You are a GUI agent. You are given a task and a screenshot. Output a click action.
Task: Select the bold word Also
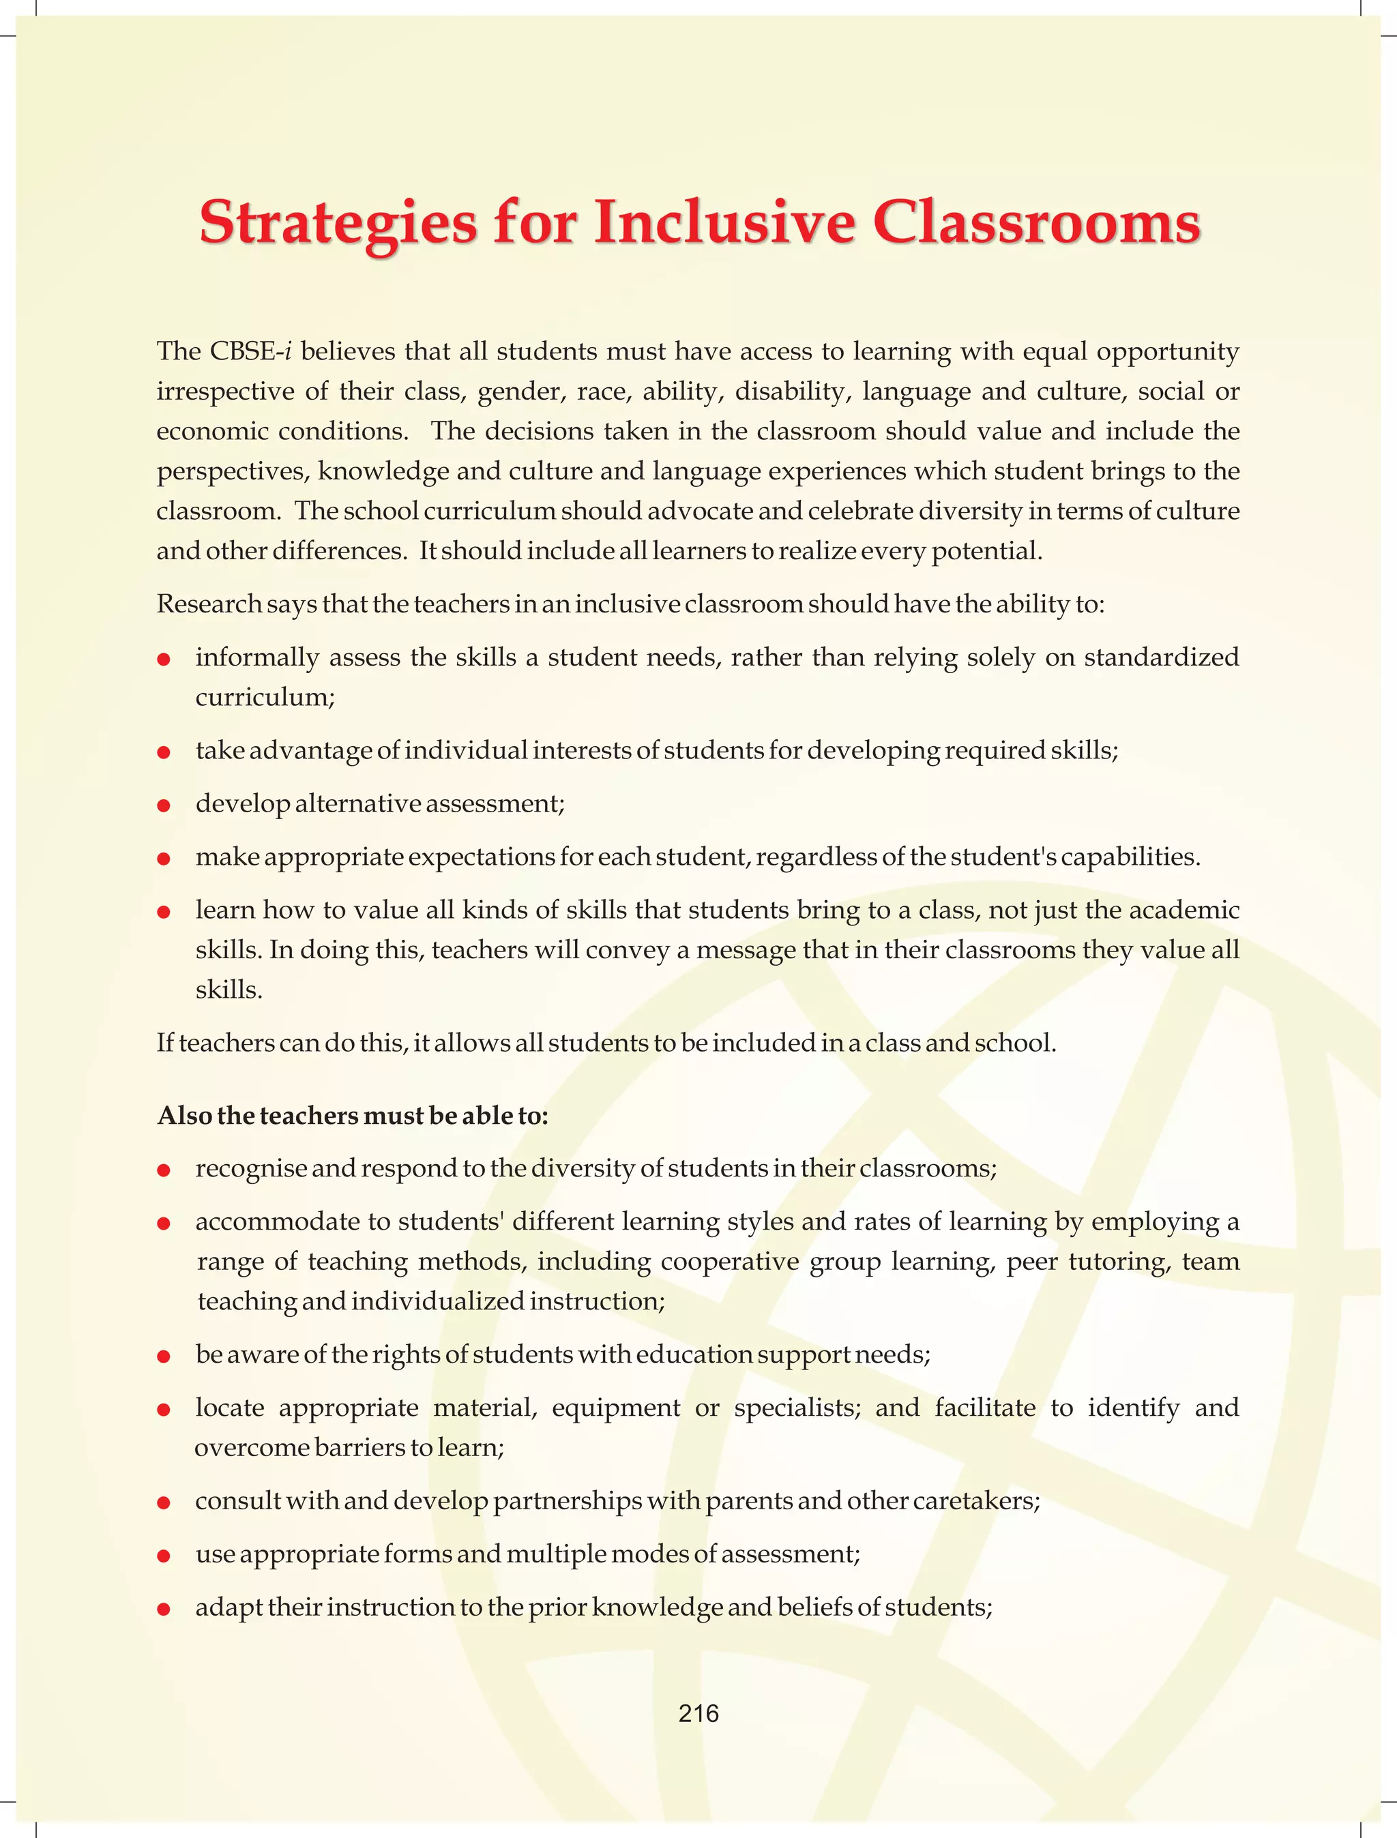pyautogui.click(x=183, y=1116)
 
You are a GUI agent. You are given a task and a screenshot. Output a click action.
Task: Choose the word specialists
pyautogui.click(x=797, y=1408)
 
